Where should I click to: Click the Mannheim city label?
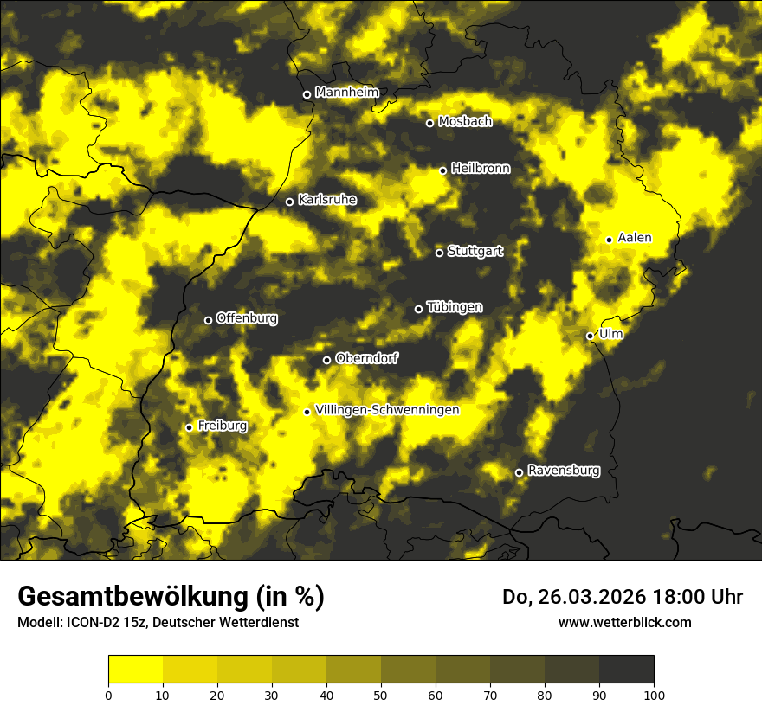(347, 93)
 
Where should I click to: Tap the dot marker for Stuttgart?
(439, 253)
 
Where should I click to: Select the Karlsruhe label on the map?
(327, 200)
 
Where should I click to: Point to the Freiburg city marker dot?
(189, 427)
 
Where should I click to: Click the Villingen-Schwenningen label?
(388, 410)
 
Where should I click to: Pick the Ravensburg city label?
(564, 471)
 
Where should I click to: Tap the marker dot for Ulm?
(590, 336)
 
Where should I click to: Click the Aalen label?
(635, 238)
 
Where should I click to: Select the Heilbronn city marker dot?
(442, 170)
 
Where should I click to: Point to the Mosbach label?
(465, 122)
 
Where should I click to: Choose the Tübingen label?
(455, 307)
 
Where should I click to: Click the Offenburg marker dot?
(208, 320)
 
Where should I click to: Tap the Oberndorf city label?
(367, 358)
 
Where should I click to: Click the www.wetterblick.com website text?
(624, 622)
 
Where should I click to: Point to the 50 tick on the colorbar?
(381, 694)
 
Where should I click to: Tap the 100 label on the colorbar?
(654, 694)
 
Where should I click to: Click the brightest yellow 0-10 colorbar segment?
(136, 669)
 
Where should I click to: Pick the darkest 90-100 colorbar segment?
(626, 669)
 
